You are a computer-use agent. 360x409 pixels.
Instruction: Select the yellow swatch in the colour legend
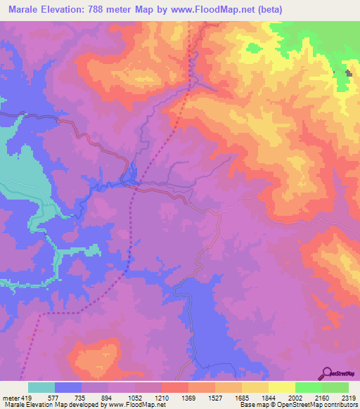point(281,387)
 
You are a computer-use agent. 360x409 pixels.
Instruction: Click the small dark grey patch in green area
point(349,73)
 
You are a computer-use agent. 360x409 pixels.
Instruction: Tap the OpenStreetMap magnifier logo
point(326,373)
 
